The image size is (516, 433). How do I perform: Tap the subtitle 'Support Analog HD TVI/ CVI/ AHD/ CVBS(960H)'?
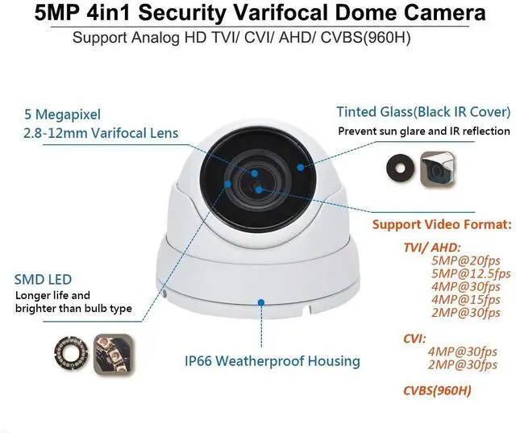point(257,38)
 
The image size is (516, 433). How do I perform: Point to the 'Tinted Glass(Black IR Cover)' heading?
point(422,111)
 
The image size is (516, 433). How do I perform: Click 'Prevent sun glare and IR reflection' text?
point(423,131)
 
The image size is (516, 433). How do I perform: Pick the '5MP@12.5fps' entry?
point(471,273)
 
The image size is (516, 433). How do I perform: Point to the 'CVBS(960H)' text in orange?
point(438,392)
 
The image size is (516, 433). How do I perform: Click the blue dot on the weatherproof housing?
point(260,302)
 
